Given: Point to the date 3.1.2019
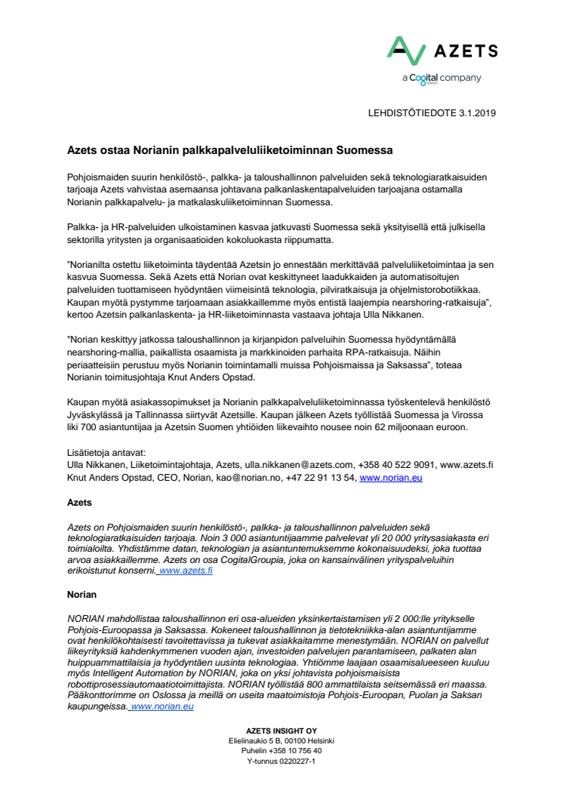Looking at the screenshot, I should pyautogui.click(x=474, y=113).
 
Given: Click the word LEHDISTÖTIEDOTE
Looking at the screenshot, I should pyautogui.click(x=408, y=113).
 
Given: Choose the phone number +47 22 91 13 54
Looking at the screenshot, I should pyautogui.click(x=320, y=478).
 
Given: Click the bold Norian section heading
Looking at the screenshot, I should pyautogui.click(x=82, y=594).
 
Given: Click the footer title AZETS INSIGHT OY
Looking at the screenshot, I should pyautogui.click(x=281, y=730).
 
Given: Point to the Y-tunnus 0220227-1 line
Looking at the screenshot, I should pyautogui.click(x=281, y=762).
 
